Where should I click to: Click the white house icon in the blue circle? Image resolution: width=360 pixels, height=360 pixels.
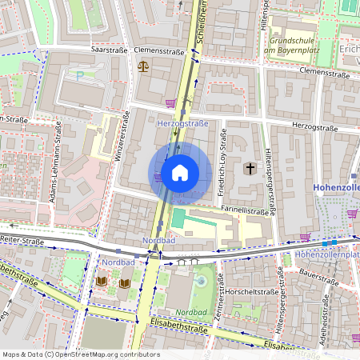pos(180,172)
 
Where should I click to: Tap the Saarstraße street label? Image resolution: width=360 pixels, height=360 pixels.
pos(110,49)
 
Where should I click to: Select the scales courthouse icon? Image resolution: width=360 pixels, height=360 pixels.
pos(143,66)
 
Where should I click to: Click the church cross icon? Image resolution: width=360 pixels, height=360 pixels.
pos(250,169)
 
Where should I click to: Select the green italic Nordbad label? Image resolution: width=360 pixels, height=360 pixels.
pos(192,311)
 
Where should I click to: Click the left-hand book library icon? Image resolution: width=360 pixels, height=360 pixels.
pos(102,282)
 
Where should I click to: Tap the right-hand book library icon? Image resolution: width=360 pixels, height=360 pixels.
pos(125,282)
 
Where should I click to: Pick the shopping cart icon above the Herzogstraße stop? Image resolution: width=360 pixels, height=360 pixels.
pos(170,103)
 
